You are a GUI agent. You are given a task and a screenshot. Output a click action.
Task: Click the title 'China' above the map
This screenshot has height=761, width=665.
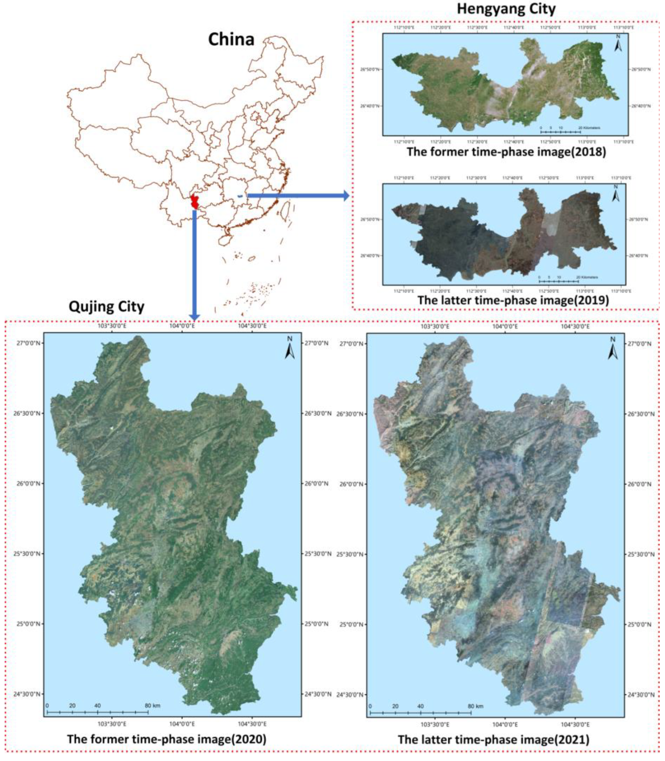click(231, 39)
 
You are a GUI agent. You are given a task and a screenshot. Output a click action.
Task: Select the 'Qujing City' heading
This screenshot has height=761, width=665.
click(107, 307)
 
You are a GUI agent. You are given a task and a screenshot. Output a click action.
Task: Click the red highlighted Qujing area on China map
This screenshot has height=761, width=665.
click(194, 201)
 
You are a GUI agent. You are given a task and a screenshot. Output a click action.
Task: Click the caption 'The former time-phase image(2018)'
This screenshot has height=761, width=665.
click(506, 152)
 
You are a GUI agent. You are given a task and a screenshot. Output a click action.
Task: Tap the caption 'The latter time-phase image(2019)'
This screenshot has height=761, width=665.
click(513, 300)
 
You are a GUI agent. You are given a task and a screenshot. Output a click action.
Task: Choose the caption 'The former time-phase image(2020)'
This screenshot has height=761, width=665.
click(167, 739)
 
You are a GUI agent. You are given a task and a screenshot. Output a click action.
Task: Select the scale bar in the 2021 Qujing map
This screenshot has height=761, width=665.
click(421, 712)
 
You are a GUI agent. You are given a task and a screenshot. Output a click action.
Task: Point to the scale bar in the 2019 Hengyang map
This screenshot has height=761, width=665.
click(558, 281)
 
